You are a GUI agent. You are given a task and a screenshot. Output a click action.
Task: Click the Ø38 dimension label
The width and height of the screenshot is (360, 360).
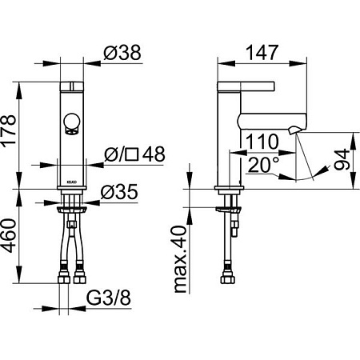[122, 52]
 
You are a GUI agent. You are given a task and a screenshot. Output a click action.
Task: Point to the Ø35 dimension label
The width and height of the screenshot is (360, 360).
[119, 191]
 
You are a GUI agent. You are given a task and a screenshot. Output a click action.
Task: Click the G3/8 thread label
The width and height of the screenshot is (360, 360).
[109, 298]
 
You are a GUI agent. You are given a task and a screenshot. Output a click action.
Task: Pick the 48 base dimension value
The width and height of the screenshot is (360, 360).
[154, 154]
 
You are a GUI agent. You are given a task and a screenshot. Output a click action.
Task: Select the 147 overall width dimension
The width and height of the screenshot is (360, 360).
[262, 52]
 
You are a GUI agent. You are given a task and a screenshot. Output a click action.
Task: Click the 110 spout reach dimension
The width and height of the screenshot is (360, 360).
[262, 142]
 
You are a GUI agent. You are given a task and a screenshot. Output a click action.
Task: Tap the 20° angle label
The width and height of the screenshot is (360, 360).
[263, 165]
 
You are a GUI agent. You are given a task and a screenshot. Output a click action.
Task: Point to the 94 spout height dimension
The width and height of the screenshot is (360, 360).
[342, 159]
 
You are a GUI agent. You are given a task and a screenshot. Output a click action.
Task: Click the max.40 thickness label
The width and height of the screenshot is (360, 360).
[180, 259]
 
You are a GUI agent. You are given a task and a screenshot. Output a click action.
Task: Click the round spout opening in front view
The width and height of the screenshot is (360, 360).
[72, 122]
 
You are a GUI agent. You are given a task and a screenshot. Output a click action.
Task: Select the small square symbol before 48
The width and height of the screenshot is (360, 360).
[132, 154]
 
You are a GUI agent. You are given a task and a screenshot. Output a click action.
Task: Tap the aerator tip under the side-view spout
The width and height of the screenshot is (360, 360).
[294, 130]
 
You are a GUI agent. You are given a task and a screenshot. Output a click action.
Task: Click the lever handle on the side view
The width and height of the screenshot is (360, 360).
[246, 86]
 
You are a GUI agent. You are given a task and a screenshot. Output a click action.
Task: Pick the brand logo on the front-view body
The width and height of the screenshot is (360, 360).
[72, 182]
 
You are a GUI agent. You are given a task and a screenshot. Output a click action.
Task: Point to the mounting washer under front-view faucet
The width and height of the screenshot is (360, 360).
[72, 209]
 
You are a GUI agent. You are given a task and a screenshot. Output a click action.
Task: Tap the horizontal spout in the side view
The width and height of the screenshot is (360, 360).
[271, 122]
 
